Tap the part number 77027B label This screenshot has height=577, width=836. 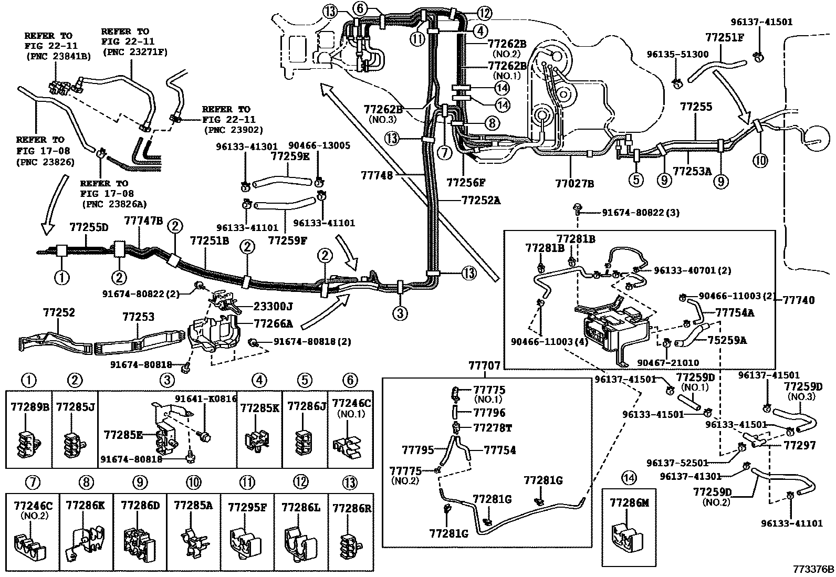point(574,183)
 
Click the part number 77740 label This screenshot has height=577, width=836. point(799,300)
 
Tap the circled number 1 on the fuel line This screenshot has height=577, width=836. point(62,277)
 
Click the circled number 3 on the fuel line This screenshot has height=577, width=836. point(400,314)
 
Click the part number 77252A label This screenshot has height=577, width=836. point(481,200)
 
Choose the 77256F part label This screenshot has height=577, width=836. point(466,183)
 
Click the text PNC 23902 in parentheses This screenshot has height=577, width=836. point(235,129)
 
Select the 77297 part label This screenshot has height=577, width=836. point(800,445)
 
